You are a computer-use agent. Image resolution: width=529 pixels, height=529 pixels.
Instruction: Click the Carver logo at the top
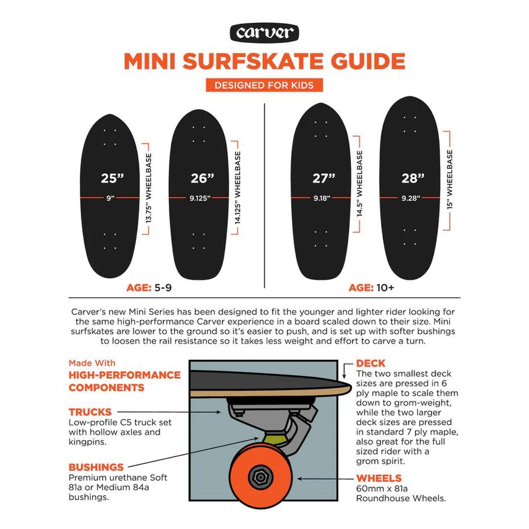tap(264, 33)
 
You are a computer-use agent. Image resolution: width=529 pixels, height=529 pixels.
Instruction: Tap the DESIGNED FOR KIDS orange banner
tap(264, 85)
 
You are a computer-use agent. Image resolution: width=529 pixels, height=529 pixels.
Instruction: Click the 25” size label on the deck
tap(112, 178)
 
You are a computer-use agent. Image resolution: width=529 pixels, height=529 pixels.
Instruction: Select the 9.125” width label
tap(200, 198)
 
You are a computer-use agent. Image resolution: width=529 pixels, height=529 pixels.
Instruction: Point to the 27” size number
tap(324, 178)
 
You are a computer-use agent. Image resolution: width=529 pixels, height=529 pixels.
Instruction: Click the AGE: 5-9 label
tap(149, 288)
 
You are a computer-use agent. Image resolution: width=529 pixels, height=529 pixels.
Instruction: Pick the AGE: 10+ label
tap(371, 288)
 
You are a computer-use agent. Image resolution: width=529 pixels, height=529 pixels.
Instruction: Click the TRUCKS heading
tap(90, 412)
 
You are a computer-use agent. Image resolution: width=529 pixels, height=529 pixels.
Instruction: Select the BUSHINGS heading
tap(96, 467)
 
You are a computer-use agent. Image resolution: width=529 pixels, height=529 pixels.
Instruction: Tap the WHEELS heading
tap(379, 478)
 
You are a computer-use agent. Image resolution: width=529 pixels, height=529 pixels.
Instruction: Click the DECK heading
tap(371, 363)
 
